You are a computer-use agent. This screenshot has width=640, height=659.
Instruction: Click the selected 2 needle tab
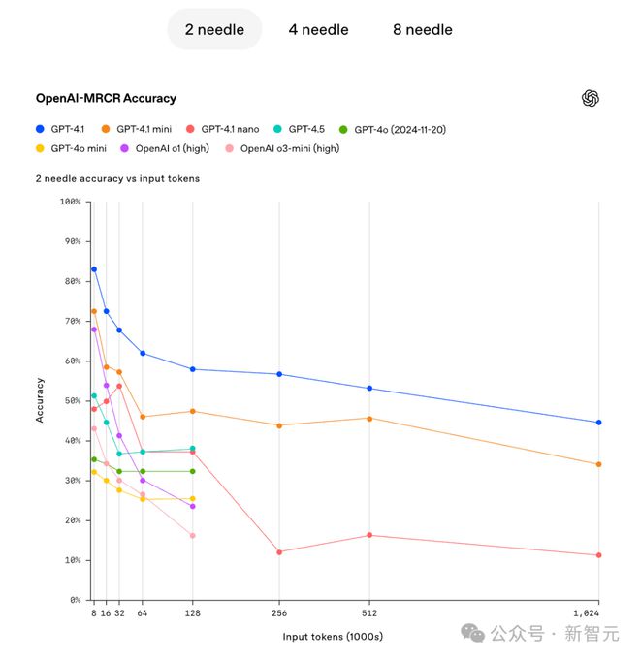click(x=214, y=29)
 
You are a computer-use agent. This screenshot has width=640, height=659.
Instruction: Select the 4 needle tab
click(x=318, y=29)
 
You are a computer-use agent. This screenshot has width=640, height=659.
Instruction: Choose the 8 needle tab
click(x=422, y=29)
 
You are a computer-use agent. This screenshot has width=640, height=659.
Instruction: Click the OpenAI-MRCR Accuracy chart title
click(x=106, y=98)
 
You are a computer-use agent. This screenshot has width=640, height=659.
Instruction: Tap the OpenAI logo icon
click(x=591, y=98)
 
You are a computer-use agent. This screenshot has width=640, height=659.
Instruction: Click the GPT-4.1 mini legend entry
click(x=138, y=128)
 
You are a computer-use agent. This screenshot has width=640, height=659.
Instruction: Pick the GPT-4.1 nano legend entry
click(x=224, y=128)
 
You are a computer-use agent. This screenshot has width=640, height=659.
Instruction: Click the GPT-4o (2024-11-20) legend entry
click(x=394, y=128)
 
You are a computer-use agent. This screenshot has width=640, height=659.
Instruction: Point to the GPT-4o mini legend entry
click(x=72, y=148)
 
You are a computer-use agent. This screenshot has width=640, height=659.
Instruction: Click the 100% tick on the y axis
click(x=70, y=202)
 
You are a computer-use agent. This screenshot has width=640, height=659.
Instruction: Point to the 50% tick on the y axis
click(x=70, y=400)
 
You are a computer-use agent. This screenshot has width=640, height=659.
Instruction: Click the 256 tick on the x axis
click(x=279, y=613)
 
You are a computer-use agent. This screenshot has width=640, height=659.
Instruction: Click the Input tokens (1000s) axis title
click(x=333, y=637)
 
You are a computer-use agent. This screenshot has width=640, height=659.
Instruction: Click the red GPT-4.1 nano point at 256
click(x=279, y=552)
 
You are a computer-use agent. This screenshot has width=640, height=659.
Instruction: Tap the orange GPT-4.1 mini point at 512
click(x=368, y=419)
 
